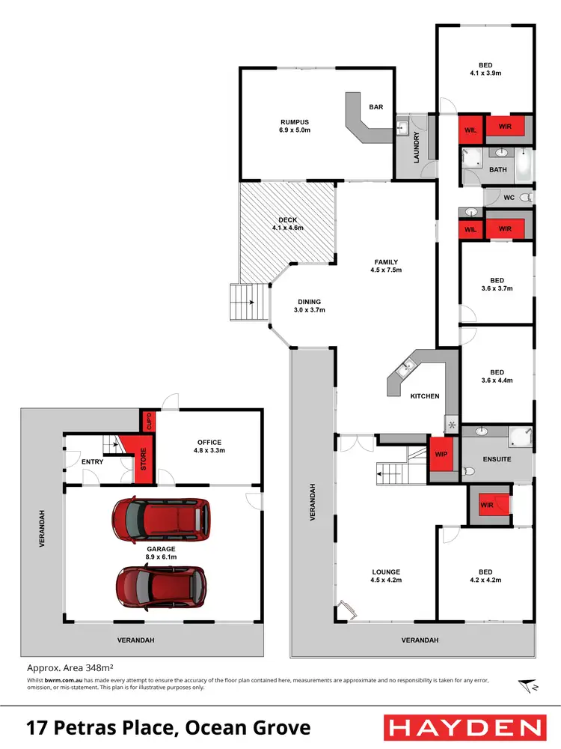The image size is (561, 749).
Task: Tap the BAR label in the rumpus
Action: (x=376, y=107)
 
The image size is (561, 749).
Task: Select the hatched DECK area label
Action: (x=288, y=223)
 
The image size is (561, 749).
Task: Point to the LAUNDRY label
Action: (x=417, y=147)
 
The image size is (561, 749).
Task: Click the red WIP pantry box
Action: (x=441, y=454)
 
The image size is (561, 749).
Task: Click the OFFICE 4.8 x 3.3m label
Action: (x=209, y=446)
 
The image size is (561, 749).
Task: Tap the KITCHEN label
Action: (x=425, y=395)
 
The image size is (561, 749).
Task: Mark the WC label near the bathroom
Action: (x=509, y=198)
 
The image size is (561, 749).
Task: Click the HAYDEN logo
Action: (x=463, y=727)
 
